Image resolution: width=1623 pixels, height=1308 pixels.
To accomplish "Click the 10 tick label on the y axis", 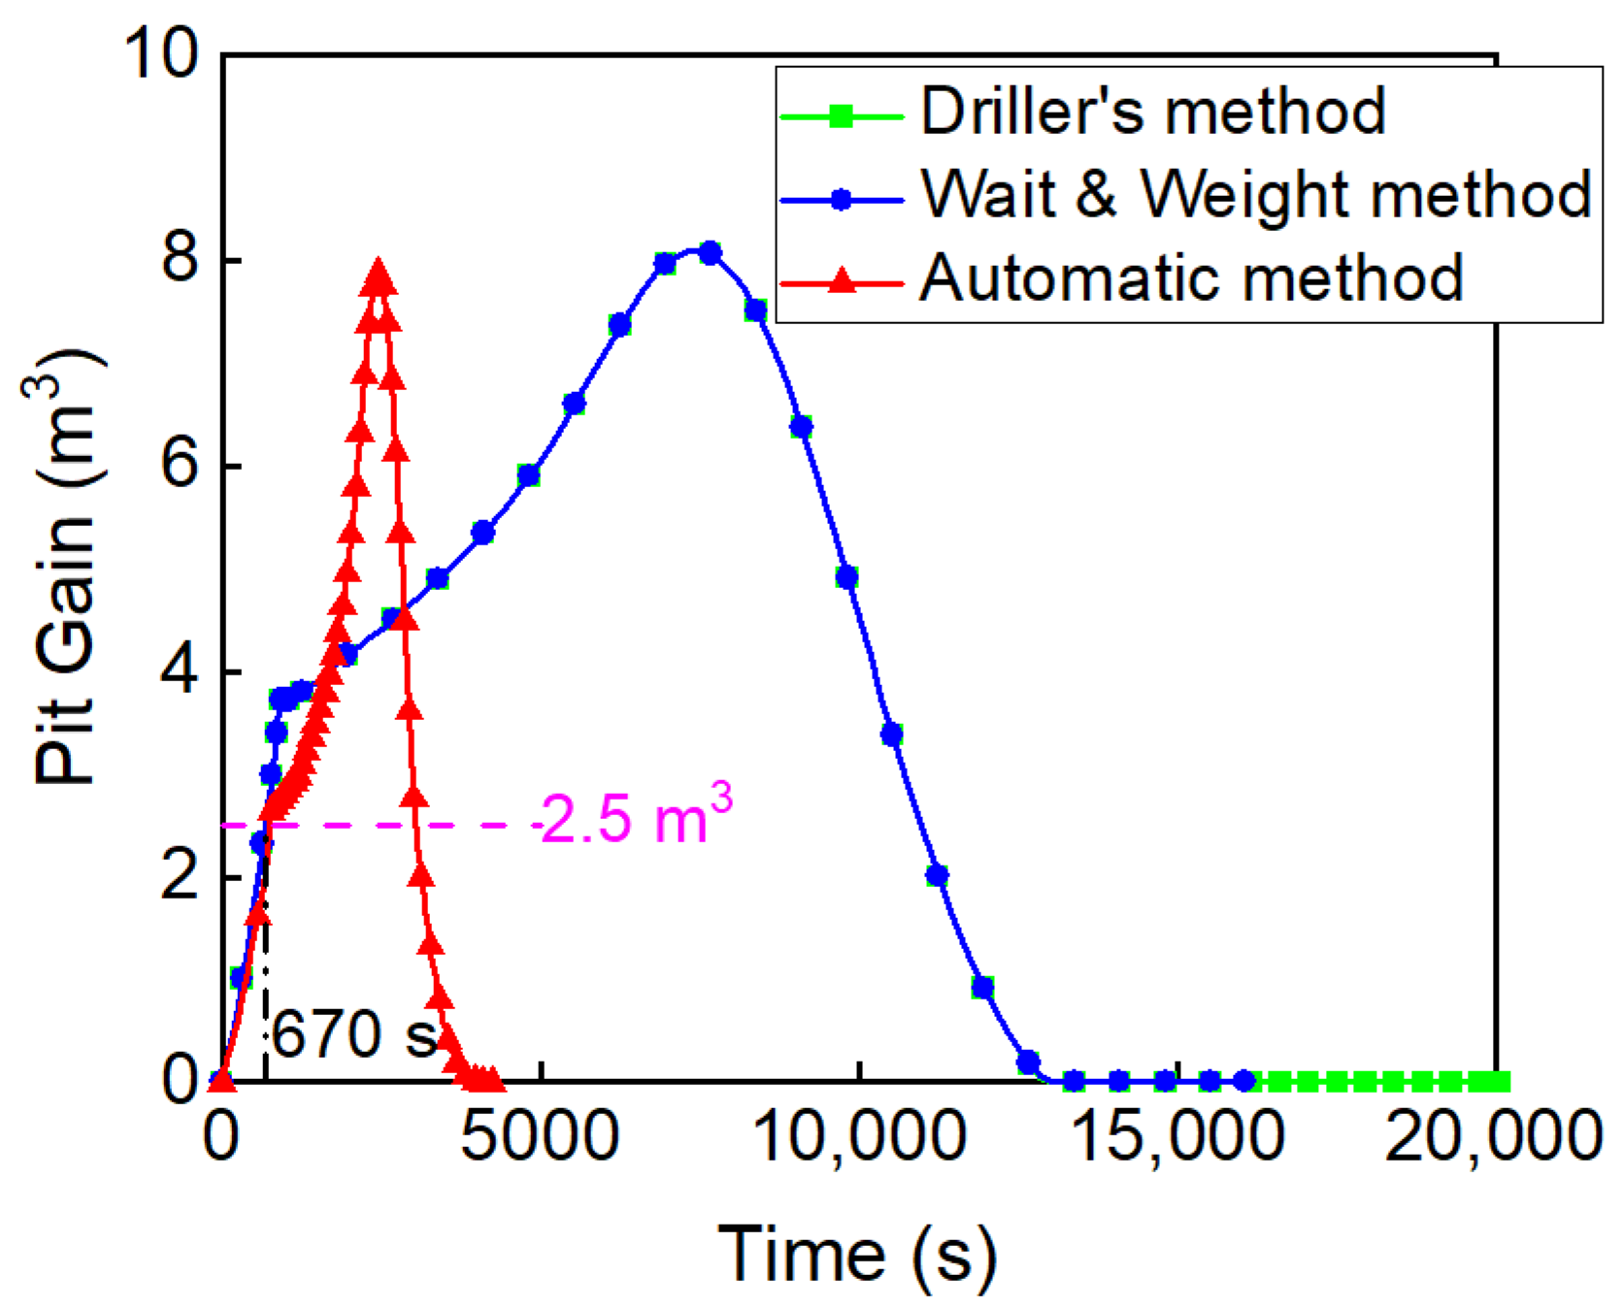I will point(160,53).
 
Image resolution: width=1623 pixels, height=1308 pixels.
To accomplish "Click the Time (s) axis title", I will point(857,1253).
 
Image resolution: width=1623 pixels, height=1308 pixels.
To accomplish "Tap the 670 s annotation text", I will point(354,1034).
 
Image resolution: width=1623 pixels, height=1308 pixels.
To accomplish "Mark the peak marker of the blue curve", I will point(711,253).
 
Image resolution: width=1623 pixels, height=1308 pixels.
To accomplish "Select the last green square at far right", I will point(1499,1081).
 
